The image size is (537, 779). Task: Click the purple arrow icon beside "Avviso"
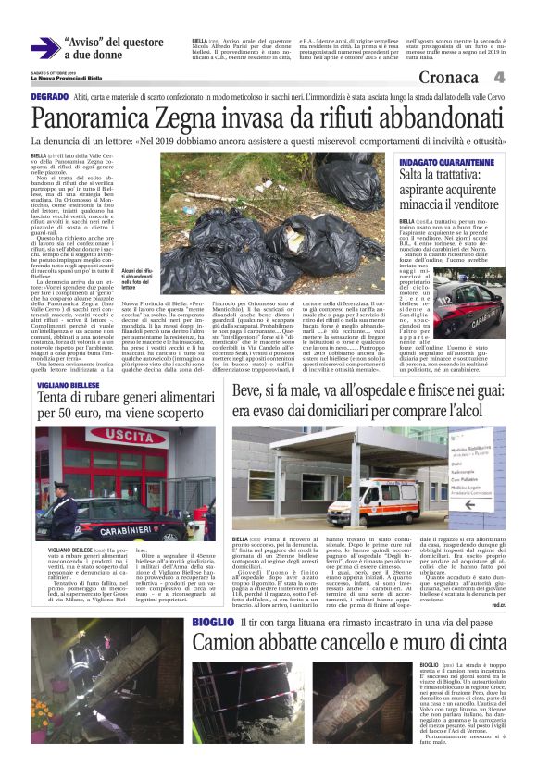44,46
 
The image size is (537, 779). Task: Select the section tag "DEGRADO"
49,97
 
